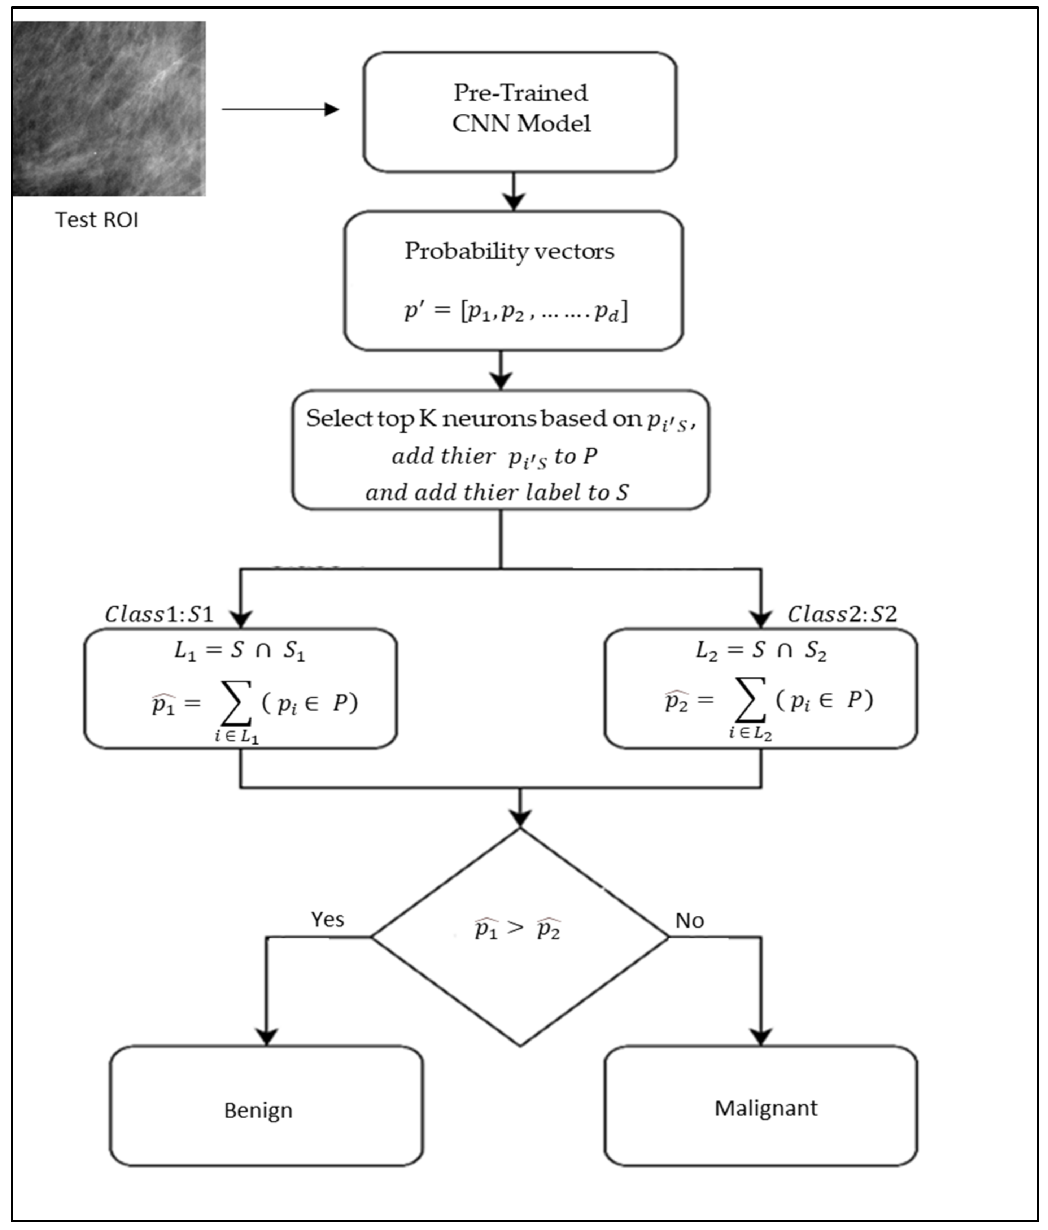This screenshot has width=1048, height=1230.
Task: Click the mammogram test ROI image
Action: click(x=109, y=109)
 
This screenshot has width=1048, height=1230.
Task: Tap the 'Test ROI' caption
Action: click(x=97, y=220)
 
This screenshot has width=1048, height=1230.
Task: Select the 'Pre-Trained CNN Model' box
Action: click(x=520, y=112)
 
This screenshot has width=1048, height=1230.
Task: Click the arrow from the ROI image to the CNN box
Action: click(x=280, y=109)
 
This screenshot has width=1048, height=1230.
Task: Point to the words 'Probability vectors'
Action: click(x=509, y=251)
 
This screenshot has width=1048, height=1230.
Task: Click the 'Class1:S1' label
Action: click(x=159, y=614)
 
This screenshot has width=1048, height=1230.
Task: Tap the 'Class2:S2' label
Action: click(x=842, y=614)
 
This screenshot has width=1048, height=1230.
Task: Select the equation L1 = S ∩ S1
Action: click(x=239, y=651)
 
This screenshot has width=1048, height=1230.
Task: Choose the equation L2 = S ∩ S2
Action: click(x=761, y=651)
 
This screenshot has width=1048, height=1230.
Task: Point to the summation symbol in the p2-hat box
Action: click(x=750, y=701)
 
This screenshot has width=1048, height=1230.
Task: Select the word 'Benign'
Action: click(x=258, y=1110)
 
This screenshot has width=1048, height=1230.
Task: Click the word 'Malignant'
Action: click(x=765, y=1108)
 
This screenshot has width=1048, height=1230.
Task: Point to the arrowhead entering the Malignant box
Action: click(x=761, y=1037)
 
